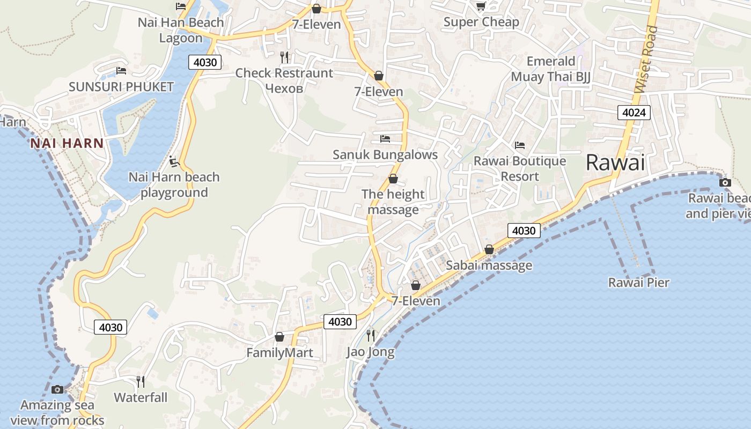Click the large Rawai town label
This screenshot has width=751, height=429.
(x=615, y=162)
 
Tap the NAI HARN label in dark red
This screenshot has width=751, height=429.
(x=67, y=143)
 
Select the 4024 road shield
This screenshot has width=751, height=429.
(x=634, y=113)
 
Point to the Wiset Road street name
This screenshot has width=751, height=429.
(x=645, y=60)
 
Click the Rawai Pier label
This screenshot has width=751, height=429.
(x=638, y=282)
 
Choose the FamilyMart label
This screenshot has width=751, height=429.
(x=279, y=353)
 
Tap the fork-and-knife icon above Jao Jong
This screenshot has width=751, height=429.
(x=371, y=336)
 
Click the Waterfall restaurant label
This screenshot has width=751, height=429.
(x=141, y=397)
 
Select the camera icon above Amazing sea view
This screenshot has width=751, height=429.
(x=57, y=389)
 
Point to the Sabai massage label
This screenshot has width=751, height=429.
(x=489, y=265)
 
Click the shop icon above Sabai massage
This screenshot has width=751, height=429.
(x=489, y=249)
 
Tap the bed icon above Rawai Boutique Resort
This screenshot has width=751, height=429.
(x=519, y=145)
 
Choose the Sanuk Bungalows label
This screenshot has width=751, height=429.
(x=385, y=154)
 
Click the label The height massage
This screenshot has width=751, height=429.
(x=393, y=202)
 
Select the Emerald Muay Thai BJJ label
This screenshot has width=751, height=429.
(x=550, y=69)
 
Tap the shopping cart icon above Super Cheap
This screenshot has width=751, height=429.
(x=481, y=6)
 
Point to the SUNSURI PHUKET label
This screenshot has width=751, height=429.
(x=121, y=86)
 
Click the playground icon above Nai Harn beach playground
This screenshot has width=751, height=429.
(x=173, y=160)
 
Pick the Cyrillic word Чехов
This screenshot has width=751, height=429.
(x=284, y=88)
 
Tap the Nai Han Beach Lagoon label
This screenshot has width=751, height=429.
(x=181, y=30)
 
